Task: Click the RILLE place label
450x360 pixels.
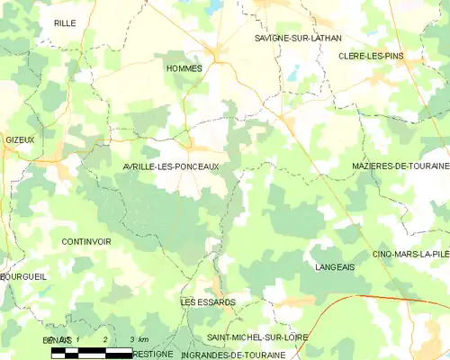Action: click(x=65, y=23)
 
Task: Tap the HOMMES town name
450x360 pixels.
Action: click(x=184, y=68)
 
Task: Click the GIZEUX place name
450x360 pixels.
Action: click(x=20, y=140)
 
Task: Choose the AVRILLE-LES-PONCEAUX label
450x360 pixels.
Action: click(x=170, y=167)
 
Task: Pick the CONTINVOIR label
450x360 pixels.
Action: click(x=86, y=242)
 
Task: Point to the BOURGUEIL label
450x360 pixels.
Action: click(x=23, y=276)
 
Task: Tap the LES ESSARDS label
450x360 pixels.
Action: click(x=208, y=302)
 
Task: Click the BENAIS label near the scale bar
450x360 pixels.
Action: click(x=56, y=339)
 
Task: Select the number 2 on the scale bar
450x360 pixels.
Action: click(x=106, y=339)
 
